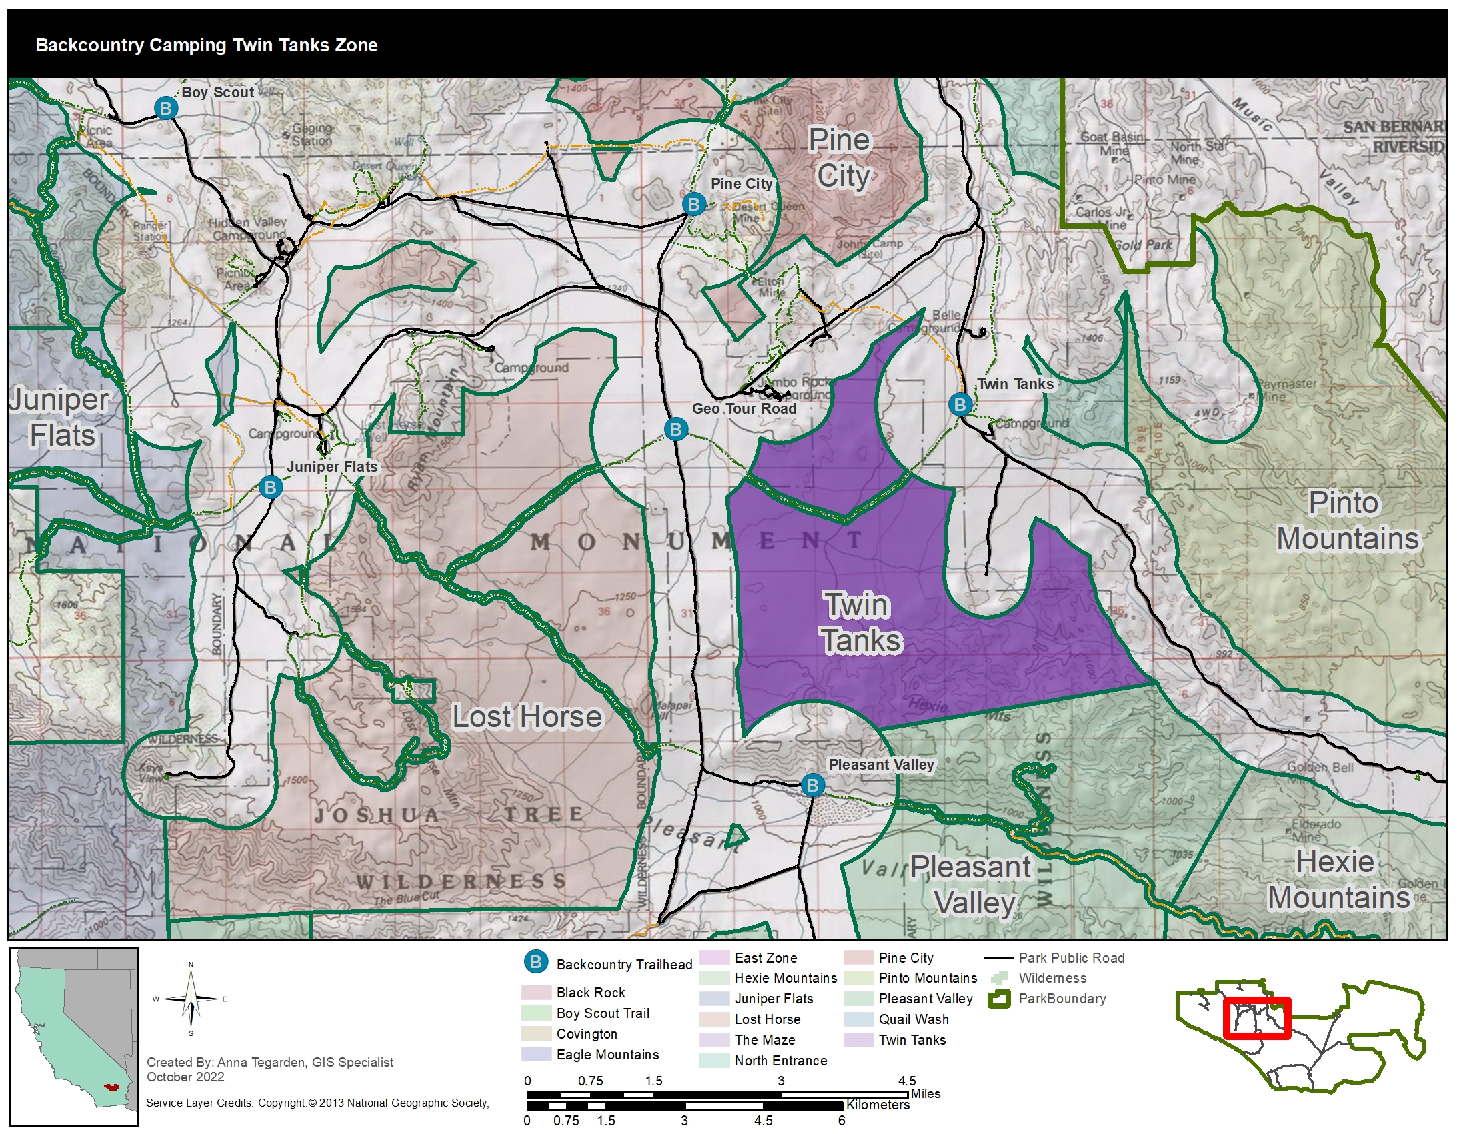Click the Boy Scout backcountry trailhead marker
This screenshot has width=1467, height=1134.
point(165,107)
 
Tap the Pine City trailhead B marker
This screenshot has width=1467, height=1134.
point(693,203)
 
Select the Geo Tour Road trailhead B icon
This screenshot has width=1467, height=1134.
point(675,429)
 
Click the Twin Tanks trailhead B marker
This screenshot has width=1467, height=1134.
point(960,404)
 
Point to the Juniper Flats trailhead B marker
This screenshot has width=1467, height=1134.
point(270,487)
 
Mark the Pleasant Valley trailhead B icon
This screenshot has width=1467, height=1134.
point(812,784)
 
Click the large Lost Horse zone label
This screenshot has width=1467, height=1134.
point(527,716)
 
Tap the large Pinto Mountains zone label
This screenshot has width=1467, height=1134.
point(1347,521)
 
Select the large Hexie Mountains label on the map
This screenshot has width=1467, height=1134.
point(1338,879)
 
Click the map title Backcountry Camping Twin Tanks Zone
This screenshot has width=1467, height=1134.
point(206,45)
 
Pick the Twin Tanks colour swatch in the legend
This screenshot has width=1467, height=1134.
point(857,1039)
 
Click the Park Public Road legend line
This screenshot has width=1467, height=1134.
point(998,958)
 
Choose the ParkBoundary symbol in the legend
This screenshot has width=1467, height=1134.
point(999,999)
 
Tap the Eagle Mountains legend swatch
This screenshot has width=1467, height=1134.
point(536,1054)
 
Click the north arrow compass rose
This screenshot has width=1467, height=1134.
point(191,999)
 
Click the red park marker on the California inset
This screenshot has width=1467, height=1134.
point(110,1086)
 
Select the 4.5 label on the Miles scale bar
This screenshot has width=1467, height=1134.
point(907,1081)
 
